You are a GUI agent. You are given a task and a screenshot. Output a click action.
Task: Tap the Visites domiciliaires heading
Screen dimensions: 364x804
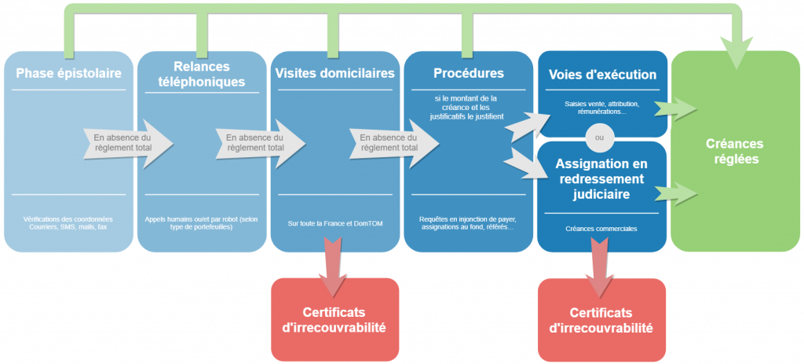(334, 74)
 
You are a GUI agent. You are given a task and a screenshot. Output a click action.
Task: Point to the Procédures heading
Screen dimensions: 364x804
(468, 74)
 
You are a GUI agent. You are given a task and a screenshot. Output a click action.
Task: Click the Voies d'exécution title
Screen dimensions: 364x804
(601, 75)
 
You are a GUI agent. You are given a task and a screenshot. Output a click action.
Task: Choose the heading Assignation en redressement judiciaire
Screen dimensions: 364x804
(601, 178)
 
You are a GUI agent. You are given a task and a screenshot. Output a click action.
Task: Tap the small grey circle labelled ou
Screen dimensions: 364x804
(601, 138)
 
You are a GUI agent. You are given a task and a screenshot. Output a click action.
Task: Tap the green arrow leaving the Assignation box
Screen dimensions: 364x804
(675, 191)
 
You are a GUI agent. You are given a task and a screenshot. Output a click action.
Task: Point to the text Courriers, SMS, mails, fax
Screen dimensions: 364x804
(69, 228)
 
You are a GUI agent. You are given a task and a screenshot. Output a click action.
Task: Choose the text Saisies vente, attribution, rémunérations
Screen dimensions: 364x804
(601, 108)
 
